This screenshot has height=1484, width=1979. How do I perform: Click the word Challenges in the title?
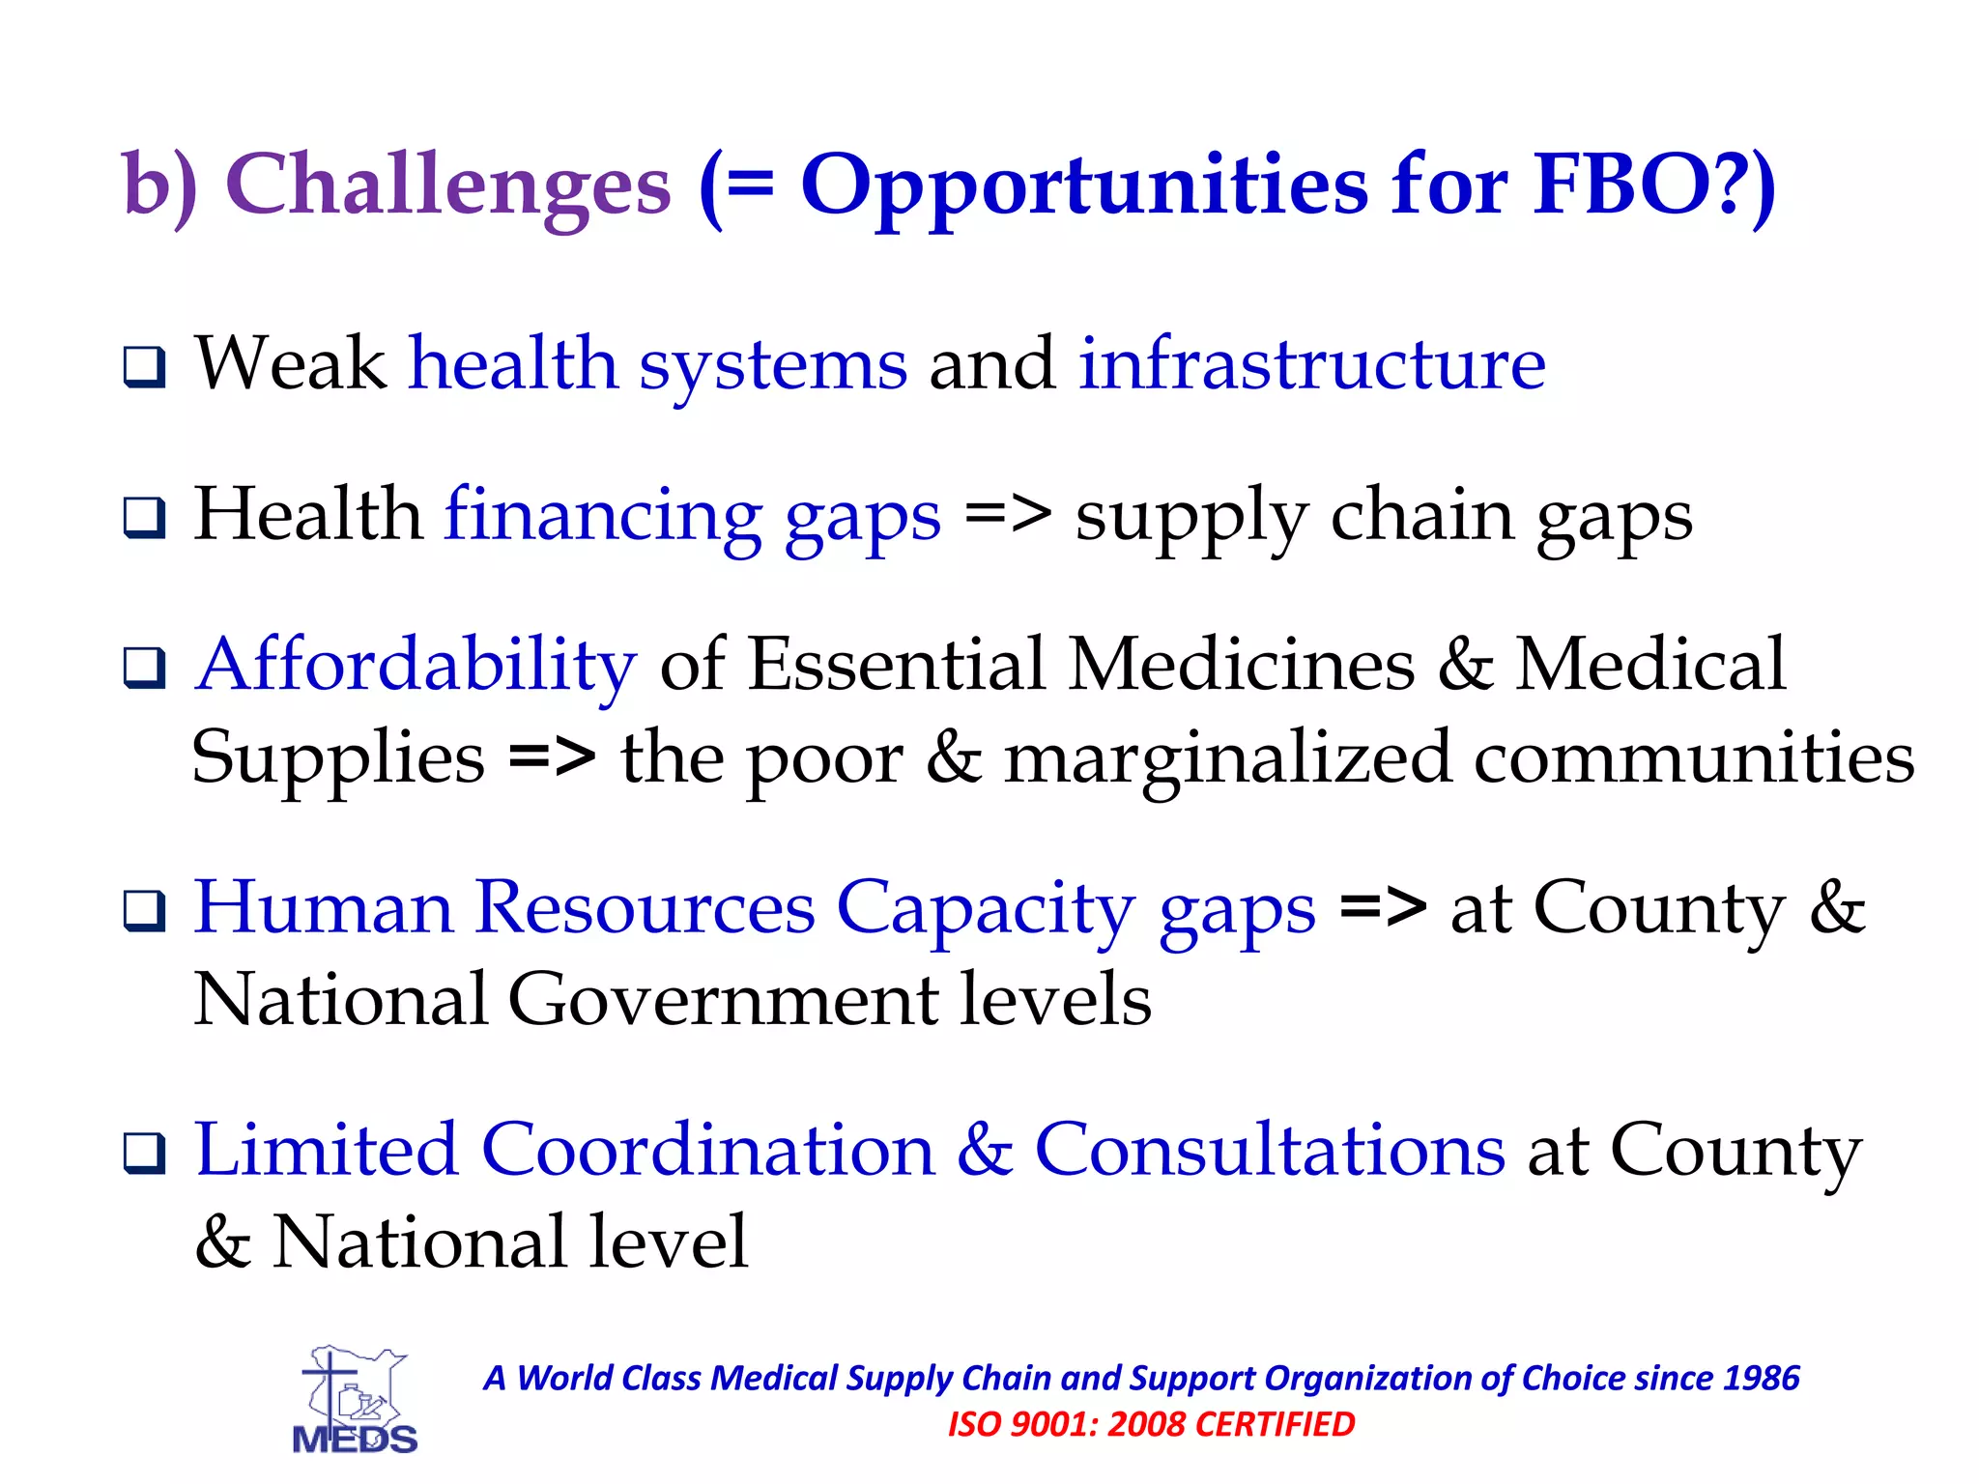coord(447,185)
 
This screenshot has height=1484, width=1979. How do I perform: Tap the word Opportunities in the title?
coord(1083,185)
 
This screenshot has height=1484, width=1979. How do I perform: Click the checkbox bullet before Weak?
coord(145,368)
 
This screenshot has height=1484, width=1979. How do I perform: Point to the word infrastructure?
coord(1311,364)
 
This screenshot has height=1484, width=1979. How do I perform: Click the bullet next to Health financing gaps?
coord(145,518)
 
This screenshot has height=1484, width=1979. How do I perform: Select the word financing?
coord(603,517)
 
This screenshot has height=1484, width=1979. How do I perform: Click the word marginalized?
coord(1226,759)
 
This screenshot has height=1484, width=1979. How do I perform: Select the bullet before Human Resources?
coord(145,911)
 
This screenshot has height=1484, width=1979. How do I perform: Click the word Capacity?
coord(985,909)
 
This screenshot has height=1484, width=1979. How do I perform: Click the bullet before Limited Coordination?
coord(145,1153)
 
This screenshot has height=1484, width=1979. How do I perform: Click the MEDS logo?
coord(355,1401)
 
